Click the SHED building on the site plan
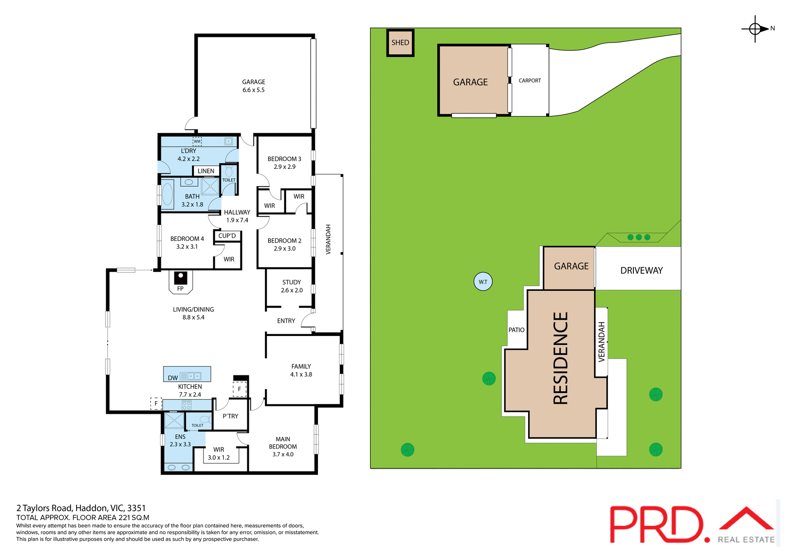tap(400, 43)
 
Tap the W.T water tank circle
tap(483, 281)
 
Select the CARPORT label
tap(529, 81)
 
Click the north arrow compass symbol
tap(755, 29)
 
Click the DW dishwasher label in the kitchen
tap(173, 378)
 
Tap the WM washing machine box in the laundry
tap(197, 141)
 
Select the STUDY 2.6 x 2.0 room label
tap(291, 286)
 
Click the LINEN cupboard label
tap(206, 171)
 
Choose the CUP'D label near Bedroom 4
tap(227, 236)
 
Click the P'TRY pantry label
tap(230, 416)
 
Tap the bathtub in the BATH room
tap(167, 194)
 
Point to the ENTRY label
tap(286, 321)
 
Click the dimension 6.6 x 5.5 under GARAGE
tap(253, 90)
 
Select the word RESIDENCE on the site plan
tap(560, 358)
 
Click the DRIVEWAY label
tap(641, 270)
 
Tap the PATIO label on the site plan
tap(516, 330)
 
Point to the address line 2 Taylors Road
tap(81, 508)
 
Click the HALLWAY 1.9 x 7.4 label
tap(237, 216)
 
